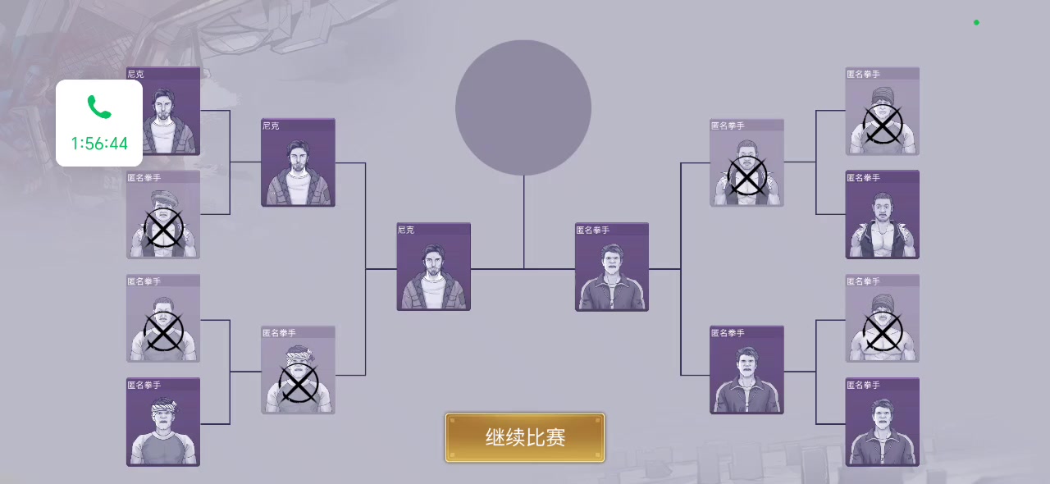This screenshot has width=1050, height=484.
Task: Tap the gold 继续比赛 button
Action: click(x=525, y=437)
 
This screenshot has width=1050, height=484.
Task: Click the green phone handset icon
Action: click(x=99, y=107)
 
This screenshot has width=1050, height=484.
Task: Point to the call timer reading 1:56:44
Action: click(x=99, y=144)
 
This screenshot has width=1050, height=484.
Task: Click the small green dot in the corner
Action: click(x=976, y=22)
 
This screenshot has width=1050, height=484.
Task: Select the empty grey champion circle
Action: click(x=523, y=107)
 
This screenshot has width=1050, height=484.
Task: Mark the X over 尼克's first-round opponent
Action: click(x=163, y=228)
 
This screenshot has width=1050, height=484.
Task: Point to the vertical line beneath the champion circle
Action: click(x=524, y=221)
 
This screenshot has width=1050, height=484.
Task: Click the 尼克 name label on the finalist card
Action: click(x=407, y=230)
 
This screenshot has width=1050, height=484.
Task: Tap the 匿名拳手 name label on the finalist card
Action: click(x=593, y=230)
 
